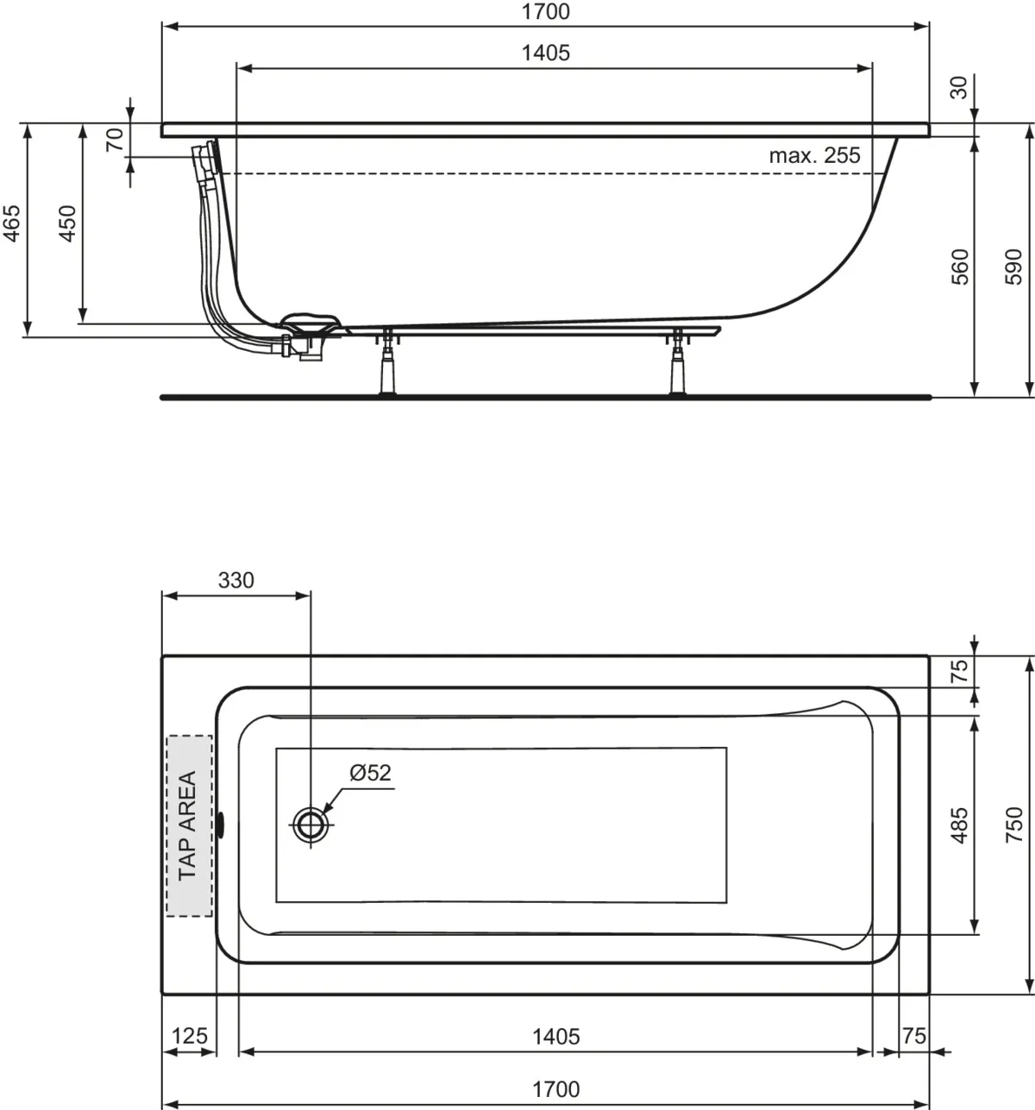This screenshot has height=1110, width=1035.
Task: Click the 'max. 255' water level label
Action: coord(814,156)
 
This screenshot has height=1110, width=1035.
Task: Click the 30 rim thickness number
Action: coord(959,87)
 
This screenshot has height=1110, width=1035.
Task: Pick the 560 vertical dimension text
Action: coord(959,267)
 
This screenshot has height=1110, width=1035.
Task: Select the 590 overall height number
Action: coord(1014,267)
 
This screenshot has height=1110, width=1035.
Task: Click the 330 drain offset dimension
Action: coord(235,580)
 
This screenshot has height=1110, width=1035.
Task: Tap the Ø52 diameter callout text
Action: coord(370,773)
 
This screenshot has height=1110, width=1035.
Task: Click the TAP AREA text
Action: coord(188,825)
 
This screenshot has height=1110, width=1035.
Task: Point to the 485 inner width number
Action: coord(959,825)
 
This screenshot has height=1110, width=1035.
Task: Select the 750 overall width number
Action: coord(1014,825)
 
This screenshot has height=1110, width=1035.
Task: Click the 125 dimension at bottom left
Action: coord(189,1035)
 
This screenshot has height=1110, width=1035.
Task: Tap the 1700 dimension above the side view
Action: coord(545,12)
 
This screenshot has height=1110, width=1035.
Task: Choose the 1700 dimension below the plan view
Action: coord(555,1089)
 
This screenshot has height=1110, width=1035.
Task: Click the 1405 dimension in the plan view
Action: coord(555,1035)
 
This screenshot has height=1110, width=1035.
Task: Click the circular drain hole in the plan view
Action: coord(309,825)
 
